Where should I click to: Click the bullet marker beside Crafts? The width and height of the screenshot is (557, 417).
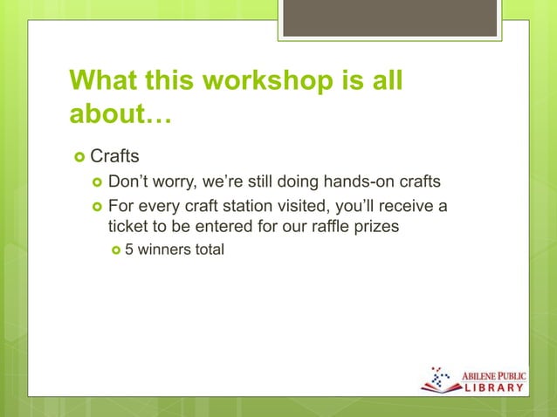[x=79, y=158]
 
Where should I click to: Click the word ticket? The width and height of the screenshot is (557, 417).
[x=128, y=227]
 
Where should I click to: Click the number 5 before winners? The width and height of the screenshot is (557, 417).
[x=128, y=250]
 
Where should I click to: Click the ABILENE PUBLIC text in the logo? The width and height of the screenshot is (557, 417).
[x=492, y=372]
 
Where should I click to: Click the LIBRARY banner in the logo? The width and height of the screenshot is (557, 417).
[x=492, y=386]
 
